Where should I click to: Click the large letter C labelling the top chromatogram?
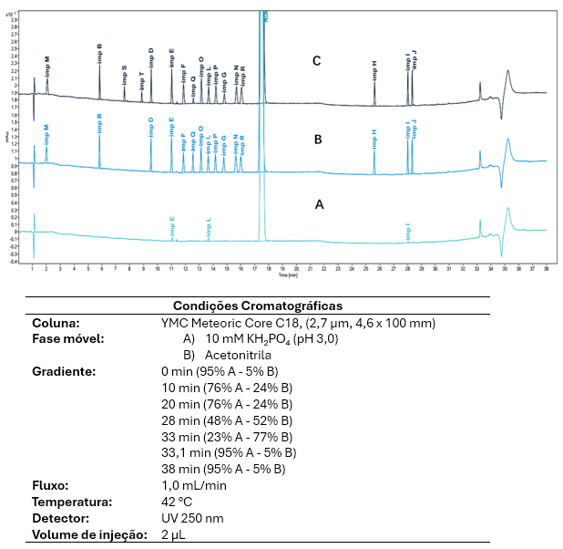coord(316,62)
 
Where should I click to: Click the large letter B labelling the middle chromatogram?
coord(318,140)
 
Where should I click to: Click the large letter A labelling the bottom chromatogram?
coord(319,205)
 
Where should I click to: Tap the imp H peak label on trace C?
coord(374,69)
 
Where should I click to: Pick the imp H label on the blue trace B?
coord(374,138)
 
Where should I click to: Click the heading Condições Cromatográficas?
coord(257,306)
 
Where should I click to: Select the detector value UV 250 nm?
coord(191,519)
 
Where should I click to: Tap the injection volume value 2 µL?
coord(173,535)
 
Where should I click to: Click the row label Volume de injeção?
coord(89,535)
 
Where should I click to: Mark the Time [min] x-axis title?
coord(290,274)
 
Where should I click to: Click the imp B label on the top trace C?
coord(99,51)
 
